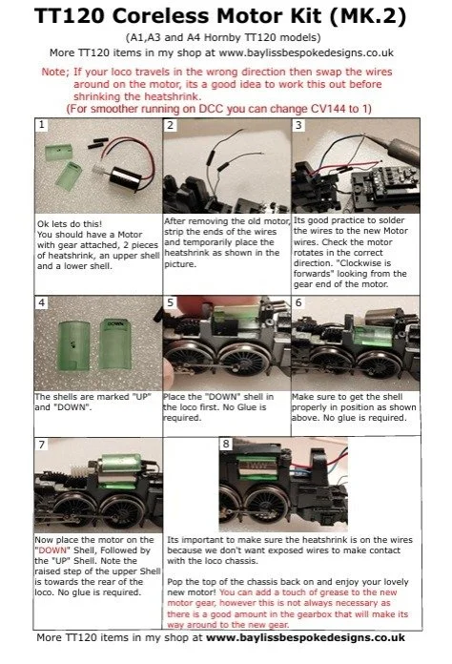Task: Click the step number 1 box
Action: tap(41, 124)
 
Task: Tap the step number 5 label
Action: tap(170, 301)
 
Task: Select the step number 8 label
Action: tap(226, 444)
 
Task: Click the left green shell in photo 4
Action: tap(73, 345)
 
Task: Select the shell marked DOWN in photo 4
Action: tap(115, 343)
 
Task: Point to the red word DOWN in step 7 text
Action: tap(52, 550)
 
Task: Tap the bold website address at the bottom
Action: tap(305, 637)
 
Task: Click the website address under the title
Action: tap(306, 52)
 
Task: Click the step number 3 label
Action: tap(298, 125)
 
